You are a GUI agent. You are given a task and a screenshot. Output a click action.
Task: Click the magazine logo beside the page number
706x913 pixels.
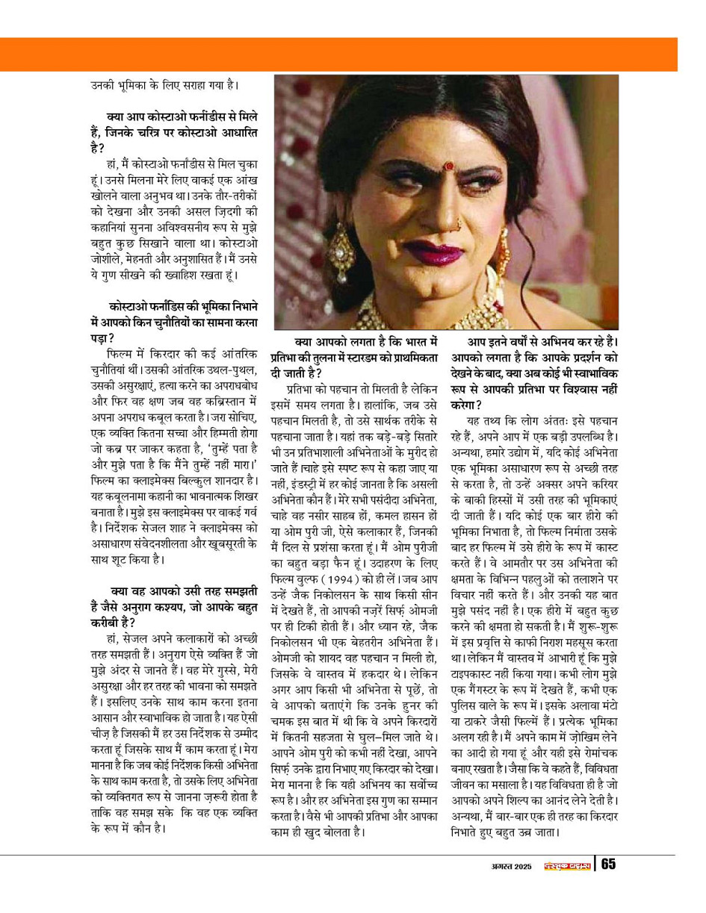tap(564, 866)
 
